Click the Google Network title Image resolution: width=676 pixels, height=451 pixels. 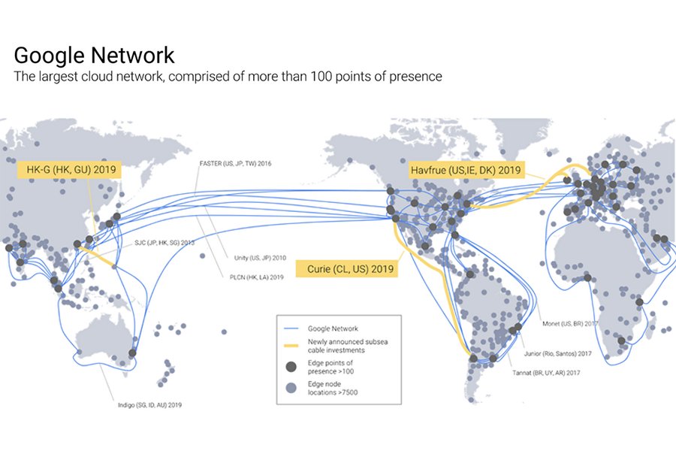(94, 56)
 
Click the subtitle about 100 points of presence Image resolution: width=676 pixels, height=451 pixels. (228, 77)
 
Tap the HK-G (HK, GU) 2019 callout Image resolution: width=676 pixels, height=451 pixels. (68, 171)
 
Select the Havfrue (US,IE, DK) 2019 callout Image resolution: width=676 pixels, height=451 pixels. (465, 171)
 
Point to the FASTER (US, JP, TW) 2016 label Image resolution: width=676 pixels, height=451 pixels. (234, 163)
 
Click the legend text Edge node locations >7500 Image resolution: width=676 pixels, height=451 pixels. (336, 387)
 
